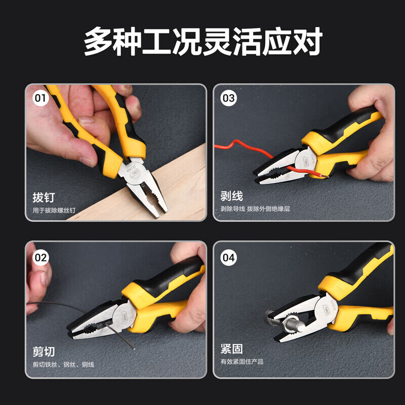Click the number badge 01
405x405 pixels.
pos(40,98)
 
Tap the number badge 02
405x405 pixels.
pos(40,257)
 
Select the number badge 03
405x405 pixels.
pos(228,98)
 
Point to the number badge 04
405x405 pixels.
pos(228,257)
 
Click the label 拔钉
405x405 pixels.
pos(43,197)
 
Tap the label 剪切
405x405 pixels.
pos(44,351)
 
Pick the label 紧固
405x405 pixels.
pos(231,350)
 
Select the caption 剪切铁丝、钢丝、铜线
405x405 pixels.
pos(63,364)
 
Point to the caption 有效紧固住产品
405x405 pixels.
pos(241,362)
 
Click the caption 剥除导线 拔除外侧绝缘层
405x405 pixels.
pos(255,208)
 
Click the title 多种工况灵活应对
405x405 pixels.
pos(202,42)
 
